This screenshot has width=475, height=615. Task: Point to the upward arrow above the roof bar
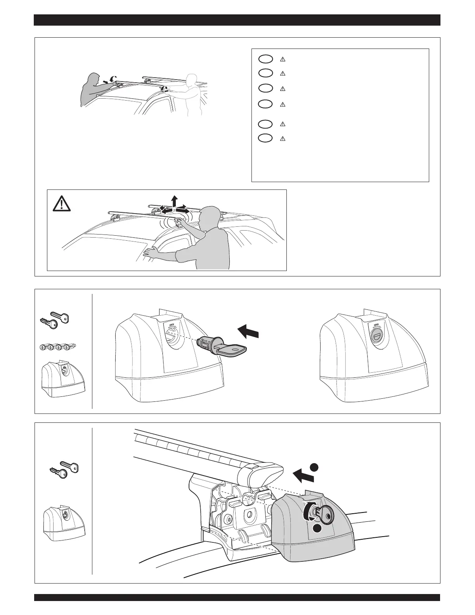pos(175,201)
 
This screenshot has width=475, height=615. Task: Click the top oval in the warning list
pos(265,59)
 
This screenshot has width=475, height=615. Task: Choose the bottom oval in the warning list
pos(265,138)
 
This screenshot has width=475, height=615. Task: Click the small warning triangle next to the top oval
pos(283,59)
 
